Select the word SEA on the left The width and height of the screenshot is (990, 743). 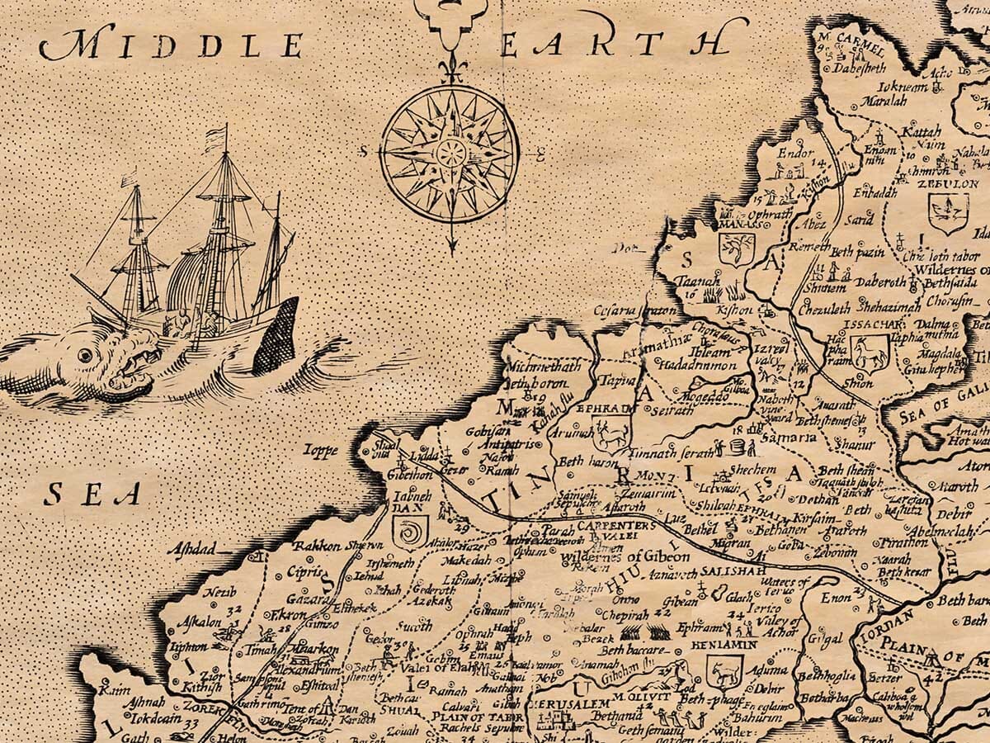(x=92, y=494)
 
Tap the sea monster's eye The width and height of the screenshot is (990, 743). (x=85, y=355)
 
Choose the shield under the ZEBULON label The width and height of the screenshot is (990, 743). (x=947, y=212)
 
